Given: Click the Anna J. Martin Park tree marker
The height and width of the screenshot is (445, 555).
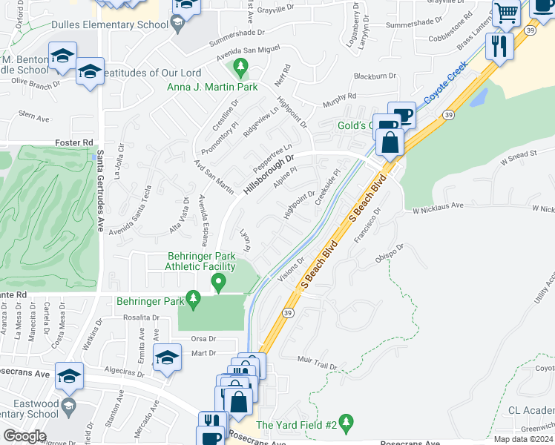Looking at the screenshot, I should coord(240,70).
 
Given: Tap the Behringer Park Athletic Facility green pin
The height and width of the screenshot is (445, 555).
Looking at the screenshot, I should coord(218,283).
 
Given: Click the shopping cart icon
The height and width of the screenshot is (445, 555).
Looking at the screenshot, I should coord(507,13).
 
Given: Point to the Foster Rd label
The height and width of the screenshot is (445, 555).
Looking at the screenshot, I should coord(74,142).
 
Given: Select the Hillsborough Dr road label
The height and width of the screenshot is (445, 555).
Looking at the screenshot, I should coord(270,174).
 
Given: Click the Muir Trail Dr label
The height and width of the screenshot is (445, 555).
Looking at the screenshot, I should coord(318,363).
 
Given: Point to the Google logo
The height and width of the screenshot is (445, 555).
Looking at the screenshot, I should coord(24,436).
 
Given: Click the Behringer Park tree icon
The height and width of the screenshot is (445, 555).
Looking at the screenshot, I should coord(194,300).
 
